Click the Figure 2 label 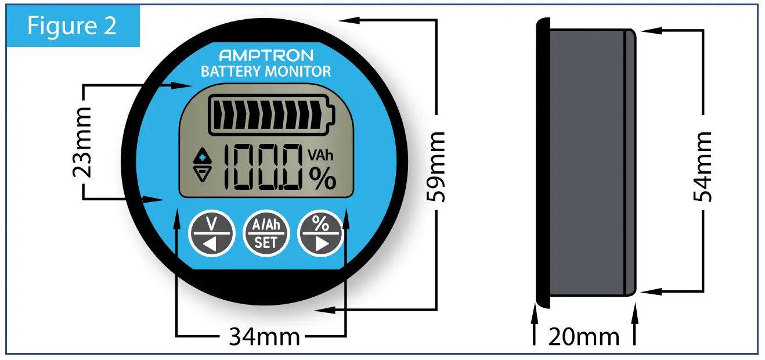72,26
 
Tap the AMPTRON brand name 266,56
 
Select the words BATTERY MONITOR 266,71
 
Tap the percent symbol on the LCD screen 322,178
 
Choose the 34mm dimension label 264,336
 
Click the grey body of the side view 586,163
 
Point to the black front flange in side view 542,163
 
